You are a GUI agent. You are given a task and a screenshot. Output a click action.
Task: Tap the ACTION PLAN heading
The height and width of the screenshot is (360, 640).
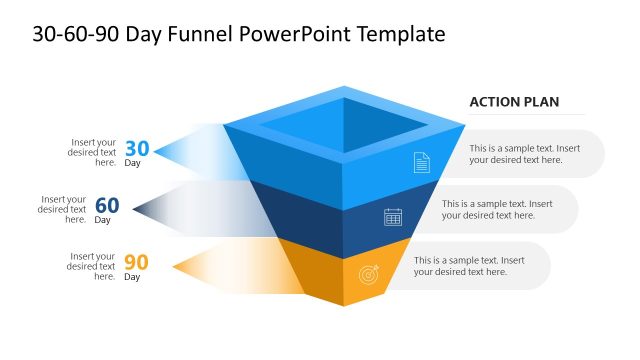[x=514, y=102]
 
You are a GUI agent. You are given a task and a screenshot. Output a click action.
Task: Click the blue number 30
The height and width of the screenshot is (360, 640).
[x=137, y=149]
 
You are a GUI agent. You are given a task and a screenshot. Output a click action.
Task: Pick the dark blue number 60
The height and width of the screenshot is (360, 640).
[x=107, y=206]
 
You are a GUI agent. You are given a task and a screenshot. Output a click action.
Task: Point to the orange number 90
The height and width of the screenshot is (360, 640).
[x=136, y=263]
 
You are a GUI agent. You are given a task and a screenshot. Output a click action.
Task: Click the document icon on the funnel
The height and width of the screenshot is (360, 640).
[x=421, y=161]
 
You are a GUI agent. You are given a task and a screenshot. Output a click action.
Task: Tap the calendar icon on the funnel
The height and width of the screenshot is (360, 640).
[x=393, y=217]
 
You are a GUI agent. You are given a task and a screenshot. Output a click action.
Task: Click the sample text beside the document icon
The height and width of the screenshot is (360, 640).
[x=524, y=154]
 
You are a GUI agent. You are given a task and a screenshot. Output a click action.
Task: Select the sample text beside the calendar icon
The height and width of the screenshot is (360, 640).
[x=497, y=210]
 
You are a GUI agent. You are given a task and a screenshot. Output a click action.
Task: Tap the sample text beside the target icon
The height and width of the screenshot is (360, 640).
[x=469, y=266]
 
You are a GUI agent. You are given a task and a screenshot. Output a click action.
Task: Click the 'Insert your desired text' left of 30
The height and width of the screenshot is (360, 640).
[x=94, y=152]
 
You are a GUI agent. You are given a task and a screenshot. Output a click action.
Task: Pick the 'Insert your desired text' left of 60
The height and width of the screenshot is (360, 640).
[x=64, y=209]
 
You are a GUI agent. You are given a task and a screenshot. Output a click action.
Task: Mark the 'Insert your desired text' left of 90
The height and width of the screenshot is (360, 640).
[x=92, y=266]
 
